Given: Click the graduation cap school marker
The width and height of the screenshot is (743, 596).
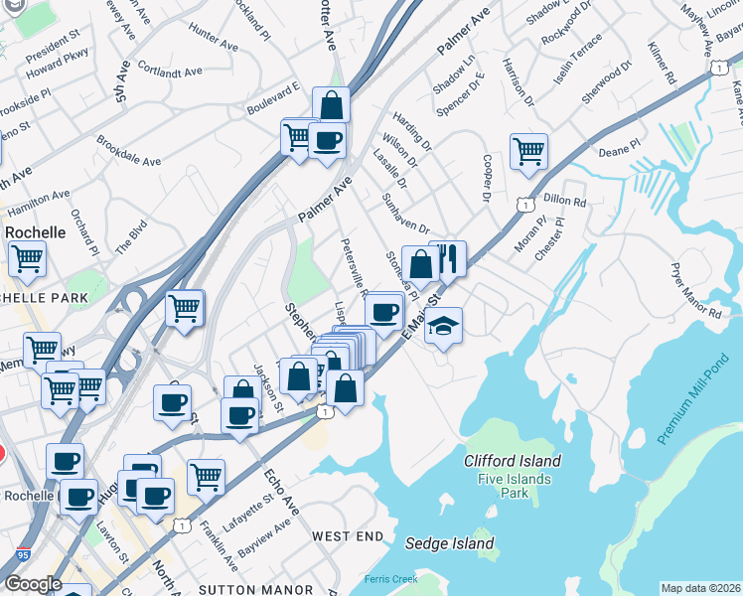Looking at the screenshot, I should [x=443, y=325].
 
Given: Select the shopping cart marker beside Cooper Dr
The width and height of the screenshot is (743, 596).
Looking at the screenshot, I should [x=528, y=152].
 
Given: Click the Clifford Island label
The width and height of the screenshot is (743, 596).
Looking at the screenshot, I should [x=513, y=461].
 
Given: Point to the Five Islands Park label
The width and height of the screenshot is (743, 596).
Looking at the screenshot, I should [x=514, y=485].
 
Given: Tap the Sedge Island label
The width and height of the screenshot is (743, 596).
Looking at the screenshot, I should [x=450, y=543].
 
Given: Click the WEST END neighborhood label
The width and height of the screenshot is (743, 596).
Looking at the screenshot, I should [x=348, y=536].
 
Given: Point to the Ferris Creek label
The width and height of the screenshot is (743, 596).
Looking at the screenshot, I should [x=391, y=578].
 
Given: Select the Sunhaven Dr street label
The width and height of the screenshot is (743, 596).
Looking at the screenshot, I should [x=405, y=214].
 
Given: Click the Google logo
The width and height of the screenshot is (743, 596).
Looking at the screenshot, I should [x=33, y=584].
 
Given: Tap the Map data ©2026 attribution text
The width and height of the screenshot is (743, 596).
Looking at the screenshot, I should [x=700, y=588].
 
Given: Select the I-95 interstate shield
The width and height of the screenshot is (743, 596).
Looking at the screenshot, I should [x=21, y=552].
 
